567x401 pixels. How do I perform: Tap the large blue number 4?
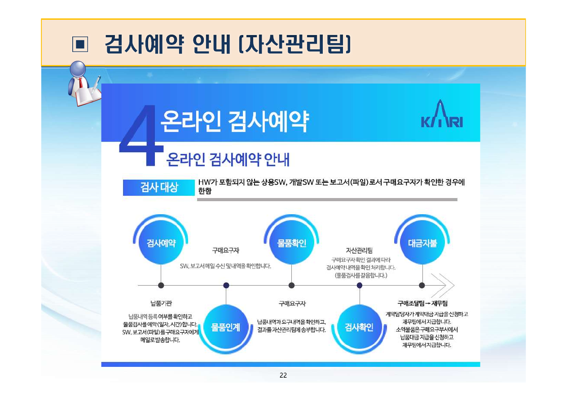141,136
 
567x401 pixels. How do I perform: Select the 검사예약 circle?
161,243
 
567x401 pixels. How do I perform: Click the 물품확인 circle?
292,243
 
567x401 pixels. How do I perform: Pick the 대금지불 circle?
422,243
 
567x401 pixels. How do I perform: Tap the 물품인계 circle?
226,327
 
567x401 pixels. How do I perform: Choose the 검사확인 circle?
360,327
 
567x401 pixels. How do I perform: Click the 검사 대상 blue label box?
159,188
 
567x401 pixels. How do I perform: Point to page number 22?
283,375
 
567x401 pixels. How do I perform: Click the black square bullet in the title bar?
80,44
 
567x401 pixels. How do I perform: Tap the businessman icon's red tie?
80,83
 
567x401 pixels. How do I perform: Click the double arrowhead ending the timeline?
443,285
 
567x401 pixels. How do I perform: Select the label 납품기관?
161,303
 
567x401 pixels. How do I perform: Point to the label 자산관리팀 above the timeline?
359,251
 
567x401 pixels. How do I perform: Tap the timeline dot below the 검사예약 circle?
161,285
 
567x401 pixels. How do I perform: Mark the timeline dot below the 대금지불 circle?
422,285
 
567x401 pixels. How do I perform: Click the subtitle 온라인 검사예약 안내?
228,159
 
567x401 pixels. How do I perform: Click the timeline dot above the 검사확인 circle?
360,285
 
